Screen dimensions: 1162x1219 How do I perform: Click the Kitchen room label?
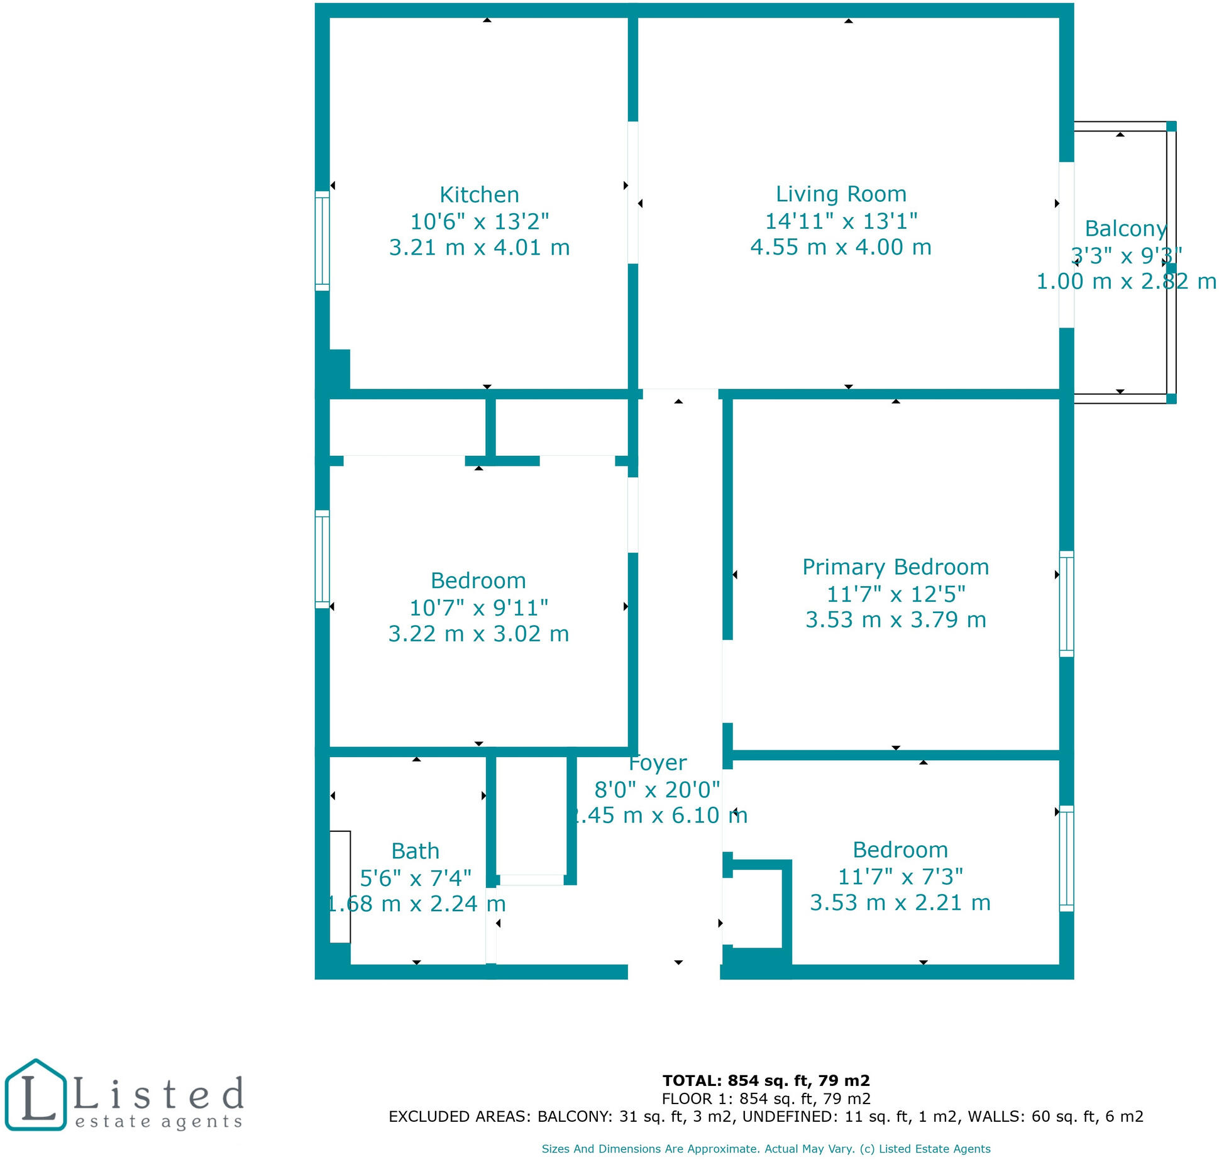(x=479, y=195)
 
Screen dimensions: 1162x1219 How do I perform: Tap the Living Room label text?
(x=841, y=194)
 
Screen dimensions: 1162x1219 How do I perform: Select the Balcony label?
(x=1125, y=229)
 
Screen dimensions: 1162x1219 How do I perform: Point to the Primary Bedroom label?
(x=895, y=567)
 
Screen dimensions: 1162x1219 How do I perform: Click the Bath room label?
(x=415, y=851)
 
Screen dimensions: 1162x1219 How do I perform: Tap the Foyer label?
(x=658, y=763)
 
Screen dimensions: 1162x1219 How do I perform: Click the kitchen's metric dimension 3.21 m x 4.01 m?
(x=479, y=248)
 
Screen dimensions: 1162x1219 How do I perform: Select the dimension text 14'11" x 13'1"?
(x=841, y=221)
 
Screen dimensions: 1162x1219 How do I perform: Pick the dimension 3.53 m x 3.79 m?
(x=895, y=620)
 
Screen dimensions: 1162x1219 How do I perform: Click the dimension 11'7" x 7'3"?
(x=900, y=877)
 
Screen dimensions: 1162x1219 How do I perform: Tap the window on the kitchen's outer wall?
(x=322, y=241)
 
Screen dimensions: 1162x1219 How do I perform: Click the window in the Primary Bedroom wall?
(x=1066, y=604)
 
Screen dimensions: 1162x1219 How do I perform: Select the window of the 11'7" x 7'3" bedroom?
(x=1066, y=858)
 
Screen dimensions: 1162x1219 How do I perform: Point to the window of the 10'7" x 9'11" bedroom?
(x=322, y=559)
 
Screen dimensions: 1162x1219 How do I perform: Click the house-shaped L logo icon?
(x=35, y=1095)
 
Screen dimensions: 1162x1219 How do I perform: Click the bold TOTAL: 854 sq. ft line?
(x=766, y=1081)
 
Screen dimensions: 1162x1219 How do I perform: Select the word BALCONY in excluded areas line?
(x=574, y=1117)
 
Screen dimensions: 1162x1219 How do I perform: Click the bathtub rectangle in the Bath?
(x=340, y=887)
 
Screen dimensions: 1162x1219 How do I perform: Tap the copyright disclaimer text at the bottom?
(x=766, y=1149)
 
